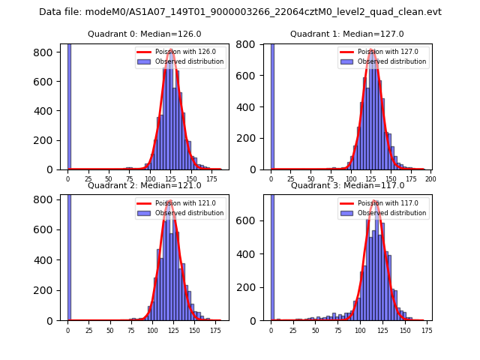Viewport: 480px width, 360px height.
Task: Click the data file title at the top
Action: point(240,12)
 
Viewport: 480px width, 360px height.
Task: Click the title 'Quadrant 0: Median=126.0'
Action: point(145,34)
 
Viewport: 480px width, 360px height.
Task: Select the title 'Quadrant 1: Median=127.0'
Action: point(347,34)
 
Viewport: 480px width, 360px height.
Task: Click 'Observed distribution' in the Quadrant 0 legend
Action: point(189,61)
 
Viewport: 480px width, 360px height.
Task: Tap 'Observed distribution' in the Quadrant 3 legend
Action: point(392,213)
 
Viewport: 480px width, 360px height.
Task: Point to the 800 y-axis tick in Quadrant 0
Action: point(44,52)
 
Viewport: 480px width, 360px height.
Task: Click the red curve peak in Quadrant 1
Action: point(372,51)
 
